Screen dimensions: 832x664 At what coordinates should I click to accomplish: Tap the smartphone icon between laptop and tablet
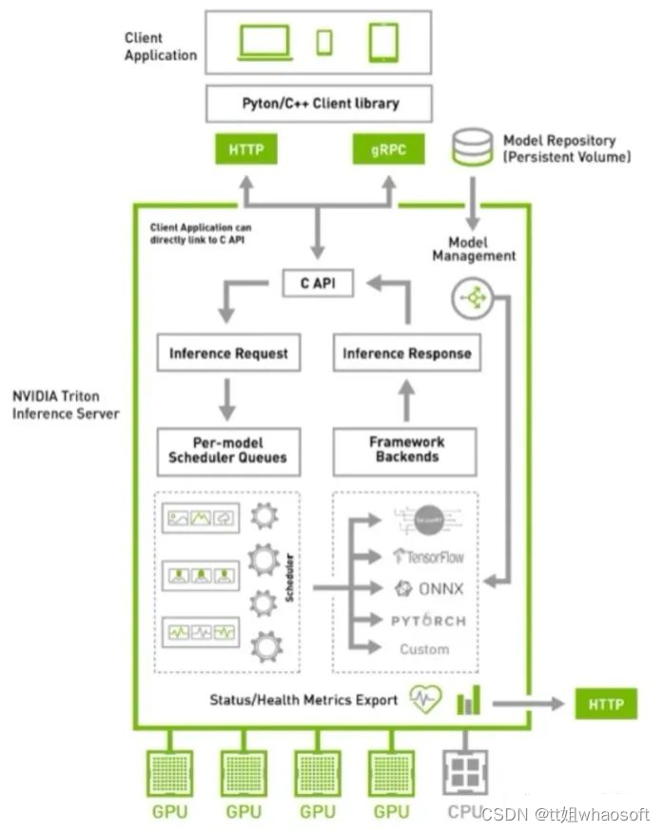[x=324, y=42]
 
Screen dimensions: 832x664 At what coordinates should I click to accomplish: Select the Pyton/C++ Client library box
[x=320, y=103]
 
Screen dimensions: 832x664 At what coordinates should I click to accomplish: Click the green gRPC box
[x=388, y=149]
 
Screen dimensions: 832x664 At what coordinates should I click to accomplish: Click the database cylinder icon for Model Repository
[x=473, y=149]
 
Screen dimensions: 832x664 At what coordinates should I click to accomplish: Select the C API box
[x=318, y=283]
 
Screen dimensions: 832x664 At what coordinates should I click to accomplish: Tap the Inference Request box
[x=228, y=353]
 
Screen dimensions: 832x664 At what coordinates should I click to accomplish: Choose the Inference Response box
[x=406, y=353]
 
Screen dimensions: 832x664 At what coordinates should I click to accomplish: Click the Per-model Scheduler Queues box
[x=228, y=450]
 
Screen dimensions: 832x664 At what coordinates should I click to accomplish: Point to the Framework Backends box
[x=405, y=450]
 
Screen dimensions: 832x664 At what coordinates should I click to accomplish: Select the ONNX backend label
[x=429, y=588]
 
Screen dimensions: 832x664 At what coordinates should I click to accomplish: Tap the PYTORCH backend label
[x=429, y=621]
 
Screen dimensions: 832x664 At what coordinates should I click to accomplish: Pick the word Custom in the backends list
[x=424, y=649]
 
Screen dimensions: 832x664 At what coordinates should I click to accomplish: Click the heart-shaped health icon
[x=425, y=699]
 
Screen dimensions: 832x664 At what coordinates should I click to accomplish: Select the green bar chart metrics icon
[x=468, y=701]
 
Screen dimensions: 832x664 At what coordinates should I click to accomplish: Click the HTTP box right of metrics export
[x=606, y=704]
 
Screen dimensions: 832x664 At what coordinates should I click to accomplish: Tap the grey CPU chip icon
[x=466, y=769]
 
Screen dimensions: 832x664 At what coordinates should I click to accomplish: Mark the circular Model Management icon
[x=473, y=299]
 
